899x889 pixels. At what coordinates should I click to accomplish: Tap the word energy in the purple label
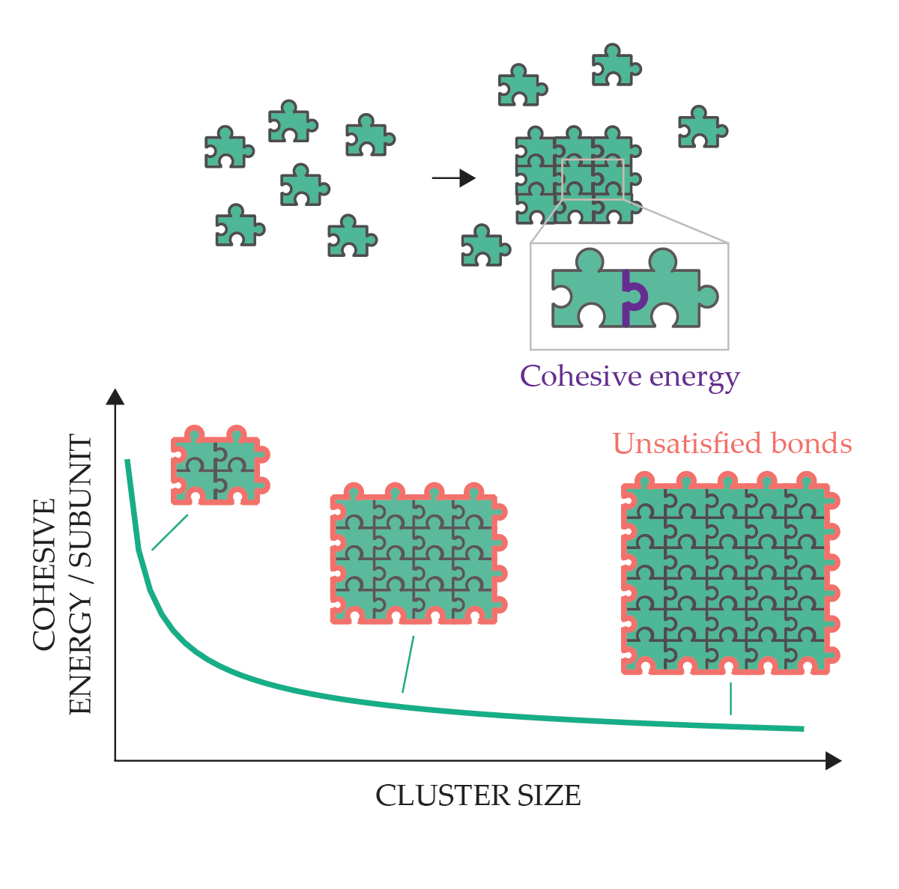click(694, 377)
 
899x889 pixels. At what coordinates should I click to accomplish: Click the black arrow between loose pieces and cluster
click(454, 178)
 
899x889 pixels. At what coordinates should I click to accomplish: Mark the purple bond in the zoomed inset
click(632, 298)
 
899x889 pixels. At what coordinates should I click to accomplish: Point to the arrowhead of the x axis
click(834, 761)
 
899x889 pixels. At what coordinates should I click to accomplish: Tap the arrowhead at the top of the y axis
click(115, 397)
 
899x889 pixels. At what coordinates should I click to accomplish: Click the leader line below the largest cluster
click(730, 698)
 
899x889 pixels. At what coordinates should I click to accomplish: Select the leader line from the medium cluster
click(408, 664)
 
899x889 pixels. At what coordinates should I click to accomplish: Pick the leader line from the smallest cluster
click(169, 533)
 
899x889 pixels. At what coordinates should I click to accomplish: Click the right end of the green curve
click(802, 728)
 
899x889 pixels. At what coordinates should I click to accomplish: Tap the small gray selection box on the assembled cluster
click(593, 180)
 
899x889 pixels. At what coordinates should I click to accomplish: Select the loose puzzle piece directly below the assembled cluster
click(485, 246)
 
